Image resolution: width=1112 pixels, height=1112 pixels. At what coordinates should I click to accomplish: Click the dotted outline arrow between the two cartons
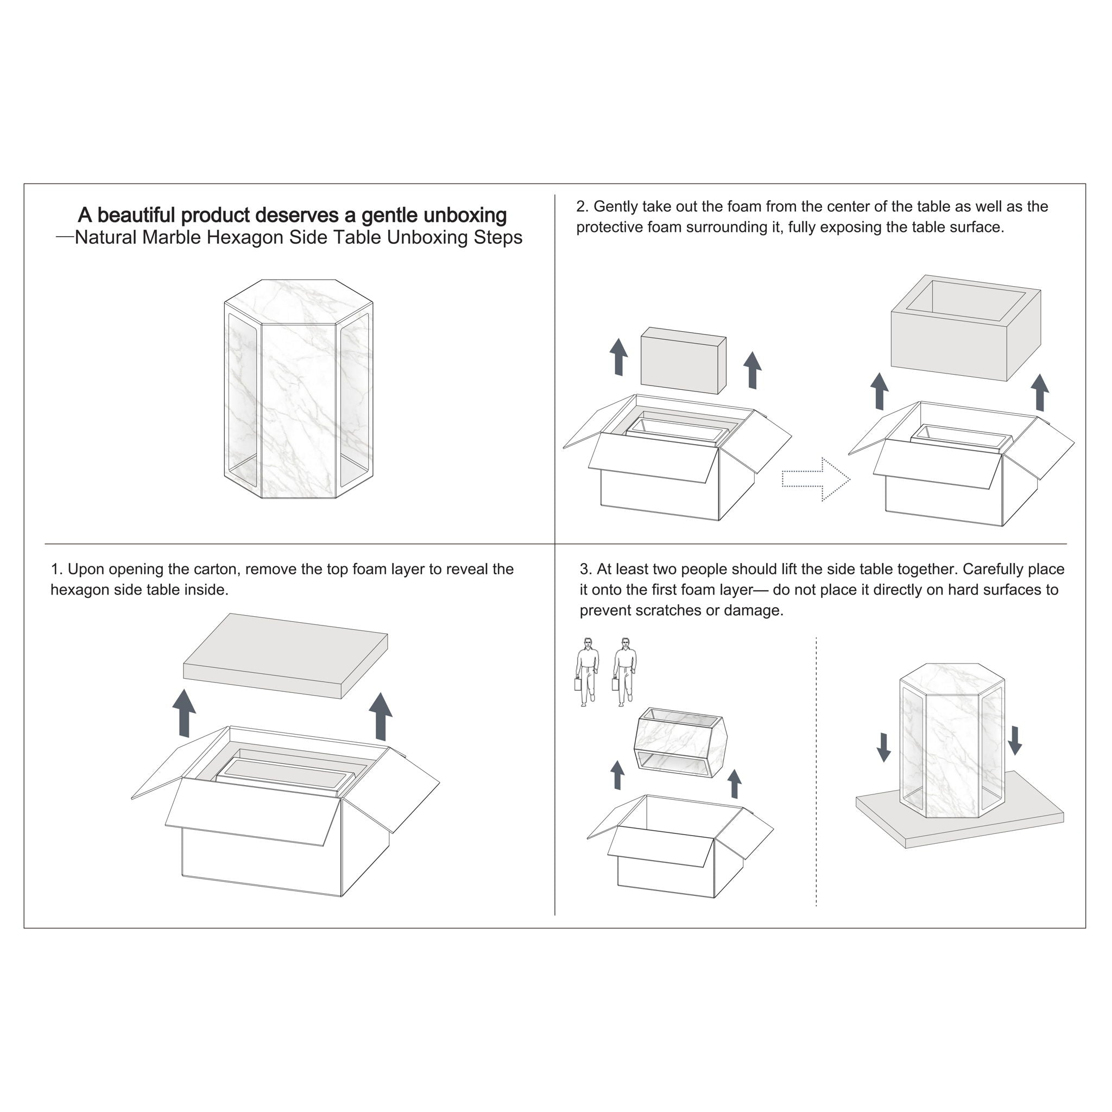tap(816, 479)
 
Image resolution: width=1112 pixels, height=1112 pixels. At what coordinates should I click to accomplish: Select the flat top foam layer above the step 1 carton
tap(286, 655)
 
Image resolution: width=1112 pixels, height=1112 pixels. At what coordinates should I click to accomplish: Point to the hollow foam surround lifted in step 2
tap(966, 328)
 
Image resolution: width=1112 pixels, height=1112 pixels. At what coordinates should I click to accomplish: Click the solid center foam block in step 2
tap(683, 361)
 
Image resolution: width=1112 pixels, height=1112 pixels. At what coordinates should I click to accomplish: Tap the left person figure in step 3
tap(586, 672)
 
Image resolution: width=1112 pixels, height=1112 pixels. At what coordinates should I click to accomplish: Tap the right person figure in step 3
tap(624, 672)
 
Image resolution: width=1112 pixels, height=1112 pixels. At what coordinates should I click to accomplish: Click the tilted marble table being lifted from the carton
tap(680, 742)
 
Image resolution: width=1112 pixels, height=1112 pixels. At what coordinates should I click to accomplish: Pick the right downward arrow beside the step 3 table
tap(1015, 741)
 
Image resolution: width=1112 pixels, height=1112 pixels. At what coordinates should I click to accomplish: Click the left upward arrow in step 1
tap(184, 713)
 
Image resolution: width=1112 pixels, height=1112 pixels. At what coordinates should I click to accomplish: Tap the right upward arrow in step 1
tap(381, 716)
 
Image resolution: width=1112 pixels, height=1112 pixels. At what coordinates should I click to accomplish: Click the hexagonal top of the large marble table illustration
tap(299, 301)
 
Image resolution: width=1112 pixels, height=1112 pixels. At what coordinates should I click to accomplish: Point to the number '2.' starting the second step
tap(583, 207)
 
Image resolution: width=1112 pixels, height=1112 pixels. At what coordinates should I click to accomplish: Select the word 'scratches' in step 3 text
tap(668, 610)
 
